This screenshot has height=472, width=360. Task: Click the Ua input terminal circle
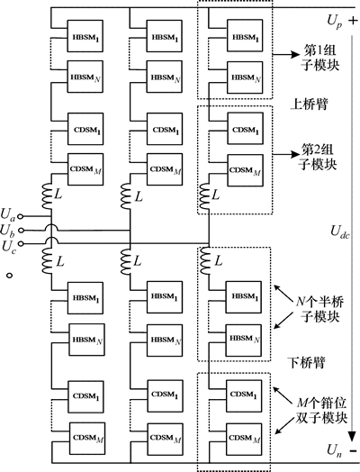[x=21, y=216]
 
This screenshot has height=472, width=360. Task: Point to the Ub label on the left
[x=7, y=231]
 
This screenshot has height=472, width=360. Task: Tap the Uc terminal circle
[x=21, y=243]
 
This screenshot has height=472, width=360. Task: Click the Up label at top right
[x=335, y=22]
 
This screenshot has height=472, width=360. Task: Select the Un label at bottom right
[x=335, y=450]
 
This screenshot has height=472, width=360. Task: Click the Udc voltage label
[x=340, y=232]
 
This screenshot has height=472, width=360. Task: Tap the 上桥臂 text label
[x=309, y=104]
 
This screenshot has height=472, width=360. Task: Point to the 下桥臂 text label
[x=307, y=362]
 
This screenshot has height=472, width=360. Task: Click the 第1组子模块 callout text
[x=319, y=58]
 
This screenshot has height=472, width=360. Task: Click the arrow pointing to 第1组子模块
[x=286, y=55]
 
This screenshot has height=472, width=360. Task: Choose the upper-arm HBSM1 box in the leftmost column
[x=85, y=36]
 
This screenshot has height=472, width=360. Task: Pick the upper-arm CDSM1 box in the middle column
[x=165, y=129]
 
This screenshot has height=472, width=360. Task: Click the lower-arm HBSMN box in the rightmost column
[x=244, y=340]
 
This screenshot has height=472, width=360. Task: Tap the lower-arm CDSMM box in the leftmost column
[x=87, y=439]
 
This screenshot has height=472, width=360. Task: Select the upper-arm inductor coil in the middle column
[x=126, y=196]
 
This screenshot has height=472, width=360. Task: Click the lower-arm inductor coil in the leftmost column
[x=48, y=261]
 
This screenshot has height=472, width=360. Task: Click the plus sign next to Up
[x=353, y=21]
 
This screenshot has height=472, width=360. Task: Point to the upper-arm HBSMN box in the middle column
[x=164, y=77]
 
